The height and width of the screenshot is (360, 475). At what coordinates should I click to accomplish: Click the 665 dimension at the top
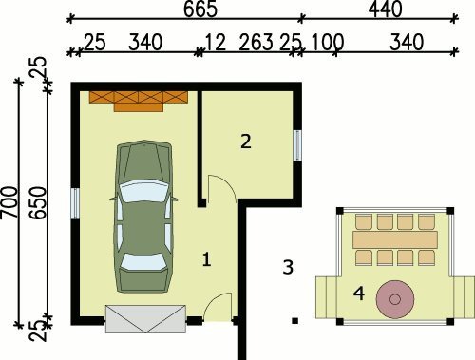(x=200, y=9)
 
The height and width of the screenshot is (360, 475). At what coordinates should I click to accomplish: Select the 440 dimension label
(x=385, y=9)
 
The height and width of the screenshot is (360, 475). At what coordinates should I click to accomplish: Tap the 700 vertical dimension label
(x=9, y=202)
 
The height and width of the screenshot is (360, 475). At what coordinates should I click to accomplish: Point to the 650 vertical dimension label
(x=38, y=202)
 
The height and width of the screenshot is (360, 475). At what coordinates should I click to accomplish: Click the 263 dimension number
(x=256, y=42)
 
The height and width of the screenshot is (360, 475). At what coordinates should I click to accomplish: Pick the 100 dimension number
(x=328, y=42)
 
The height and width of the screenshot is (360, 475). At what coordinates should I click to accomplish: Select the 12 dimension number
(x=216, y=42)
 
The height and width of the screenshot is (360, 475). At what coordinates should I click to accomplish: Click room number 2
(x=246, y=142)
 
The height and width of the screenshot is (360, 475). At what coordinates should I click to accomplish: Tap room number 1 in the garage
(x=206, y=259)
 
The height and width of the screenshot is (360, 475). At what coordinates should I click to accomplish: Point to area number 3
(x=288, y=267)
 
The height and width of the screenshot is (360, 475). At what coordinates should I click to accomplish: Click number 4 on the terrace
(x=359, y=294)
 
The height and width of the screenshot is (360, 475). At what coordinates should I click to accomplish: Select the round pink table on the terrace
(x=395, y=299)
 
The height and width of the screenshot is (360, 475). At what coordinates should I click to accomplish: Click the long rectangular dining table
(x=395, y=239)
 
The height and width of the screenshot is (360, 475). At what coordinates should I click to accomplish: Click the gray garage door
(x=145, y=319)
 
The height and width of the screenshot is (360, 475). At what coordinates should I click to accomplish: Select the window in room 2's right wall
(x=297, y=145)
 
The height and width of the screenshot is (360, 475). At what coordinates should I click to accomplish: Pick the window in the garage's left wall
(x=75, y=203)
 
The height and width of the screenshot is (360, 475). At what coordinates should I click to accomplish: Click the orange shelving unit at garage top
(x=139, y=102)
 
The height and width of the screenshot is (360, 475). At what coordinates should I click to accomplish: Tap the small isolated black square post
(x=294, y=321)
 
